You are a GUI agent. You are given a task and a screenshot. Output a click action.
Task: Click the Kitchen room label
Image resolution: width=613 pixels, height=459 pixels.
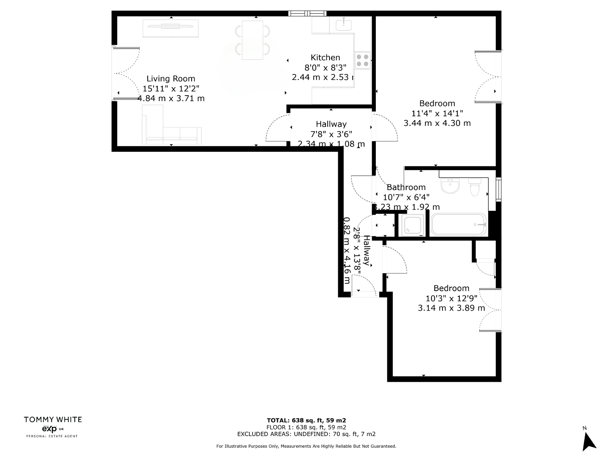325,57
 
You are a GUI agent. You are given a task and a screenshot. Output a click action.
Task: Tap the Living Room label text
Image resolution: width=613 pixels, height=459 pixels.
171,79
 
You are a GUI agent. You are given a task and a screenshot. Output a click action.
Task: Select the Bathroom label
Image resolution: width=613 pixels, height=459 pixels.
406,187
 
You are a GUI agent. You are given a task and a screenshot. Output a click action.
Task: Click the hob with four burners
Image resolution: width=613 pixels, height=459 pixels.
362,60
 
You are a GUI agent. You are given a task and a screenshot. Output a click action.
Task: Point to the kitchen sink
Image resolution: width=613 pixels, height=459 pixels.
344,25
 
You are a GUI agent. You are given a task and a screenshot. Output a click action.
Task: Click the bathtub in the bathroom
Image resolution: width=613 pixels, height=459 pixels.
459,225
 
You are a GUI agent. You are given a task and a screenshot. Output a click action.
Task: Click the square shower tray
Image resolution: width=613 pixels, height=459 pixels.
411,225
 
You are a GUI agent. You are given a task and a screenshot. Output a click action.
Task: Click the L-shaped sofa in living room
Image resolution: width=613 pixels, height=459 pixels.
165,130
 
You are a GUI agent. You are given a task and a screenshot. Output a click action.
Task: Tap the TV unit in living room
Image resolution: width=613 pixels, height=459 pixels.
171,28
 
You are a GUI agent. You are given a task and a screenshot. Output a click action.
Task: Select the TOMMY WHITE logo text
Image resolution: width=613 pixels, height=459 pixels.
53,420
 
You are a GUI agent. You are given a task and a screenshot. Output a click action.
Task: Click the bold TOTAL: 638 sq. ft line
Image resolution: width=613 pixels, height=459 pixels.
306,420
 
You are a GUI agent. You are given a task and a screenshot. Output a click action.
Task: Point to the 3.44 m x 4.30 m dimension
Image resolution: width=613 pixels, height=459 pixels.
437,123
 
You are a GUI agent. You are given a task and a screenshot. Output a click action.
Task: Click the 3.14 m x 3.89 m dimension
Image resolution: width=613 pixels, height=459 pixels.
451,308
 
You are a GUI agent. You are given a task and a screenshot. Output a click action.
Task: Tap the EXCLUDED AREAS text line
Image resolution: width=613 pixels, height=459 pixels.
306,434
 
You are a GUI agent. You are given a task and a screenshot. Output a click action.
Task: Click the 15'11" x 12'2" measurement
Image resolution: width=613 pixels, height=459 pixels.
171,89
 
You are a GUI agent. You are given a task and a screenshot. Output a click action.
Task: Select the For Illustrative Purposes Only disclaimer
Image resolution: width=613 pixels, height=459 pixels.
306,446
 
